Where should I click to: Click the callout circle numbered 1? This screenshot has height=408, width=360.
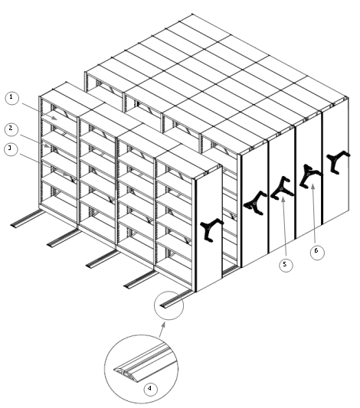click(11, 97)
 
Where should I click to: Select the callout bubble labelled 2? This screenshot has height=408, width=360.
click(11, 129)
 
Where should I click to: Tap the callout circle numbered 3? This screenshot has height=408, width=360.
click(11, 149)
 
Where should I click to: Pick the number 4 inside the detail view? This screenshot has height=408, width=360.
click(150, 389)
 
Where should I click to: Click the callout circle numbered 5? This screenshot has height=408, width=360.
click(286, 265)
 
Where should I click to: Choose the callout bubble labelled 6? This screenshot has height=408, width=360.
click(317, 251)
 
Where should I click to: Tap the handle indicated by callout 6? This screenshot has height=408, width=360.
click(310, 176)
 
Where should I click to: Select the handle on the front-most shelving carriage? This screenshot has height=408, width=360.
click(211, 230)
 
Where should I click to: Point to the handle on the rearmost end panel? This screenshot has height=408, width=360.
click(338, 162)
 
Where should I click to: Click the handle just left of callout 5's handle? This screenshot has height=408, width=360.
click(255, 203)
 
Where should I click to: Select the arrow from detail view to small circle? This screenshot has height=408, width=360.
click(162, 329)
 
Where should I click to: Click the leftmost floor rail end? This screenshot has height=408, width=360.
click(15, 225)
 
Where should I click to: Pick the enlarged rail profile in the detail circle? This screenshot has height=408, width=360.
click(145, 364)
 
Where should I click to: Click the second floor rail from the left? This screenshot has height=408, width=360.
click(64, 237)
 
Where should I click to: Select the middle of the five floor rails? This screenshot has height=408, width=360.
click(103, 259)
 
